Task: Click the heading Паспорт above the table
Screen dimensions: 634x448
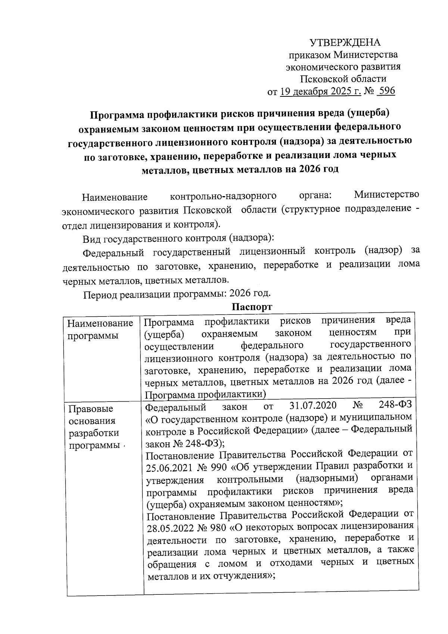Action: (252, 307)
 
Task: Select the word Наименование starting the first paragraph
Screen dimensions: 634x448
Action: (115, 197)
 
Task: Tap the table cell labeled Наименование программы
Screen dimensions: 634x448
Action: (100, 329)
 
